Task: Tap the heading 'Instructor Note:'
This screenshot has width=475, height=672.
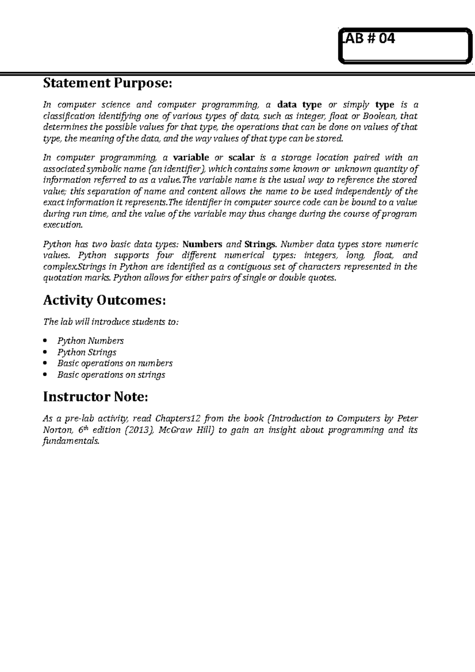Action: pos(95,397)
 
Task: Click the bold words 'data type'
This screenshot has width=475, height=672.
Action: pos(299,105)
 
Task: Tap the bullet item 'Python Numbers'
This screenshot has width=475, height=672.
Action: pos(91,341)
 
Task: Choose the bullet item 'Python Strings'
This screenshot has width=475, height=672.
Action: pos(87,352)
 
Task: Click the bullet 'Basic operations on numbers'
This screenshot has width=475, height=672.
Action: pos(115,363)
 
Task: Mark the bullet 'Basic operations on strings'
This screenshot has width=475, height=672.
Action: pos(111,375)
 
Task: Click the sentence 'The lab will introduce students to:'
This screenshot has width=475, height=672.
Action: pos(110,322)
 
